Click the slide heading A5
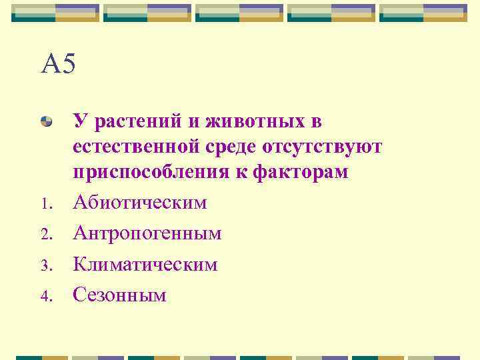pos(59,65)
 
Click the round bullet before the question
pos(47,121)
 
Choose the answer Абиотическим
pos(140,202)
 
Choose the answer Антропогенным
pos(147,233)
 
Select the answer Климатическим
pos(145,264)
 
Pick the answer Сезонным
pos(119,295)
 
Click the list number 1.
pos(45,204)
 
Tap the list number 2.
pos(45,235)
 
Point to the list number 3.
pos(45,266)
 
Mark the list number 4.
pos(45,297)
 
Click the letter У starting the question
pos(80,122)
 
